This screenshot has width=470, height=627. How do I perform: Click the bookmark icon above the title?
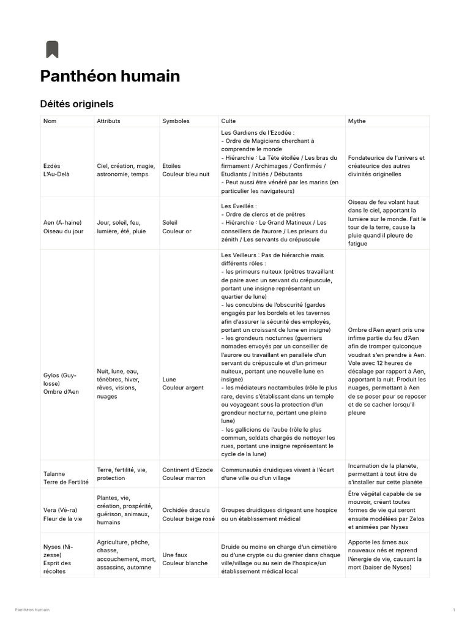click(x=52, y=49)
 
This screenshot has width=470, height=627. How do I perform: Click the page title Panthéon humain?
click(x=110, y=76)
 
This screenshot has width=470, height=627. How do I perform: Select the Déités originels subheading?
click(x=76, y=104)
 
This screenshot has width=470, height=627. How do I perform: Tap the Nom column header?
click(x=50, y=121)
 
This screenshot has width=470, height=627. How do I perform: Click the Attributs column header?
click(x=108, y=121)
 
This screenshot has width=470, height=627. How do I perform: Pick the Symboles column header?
click(x=176, y=121)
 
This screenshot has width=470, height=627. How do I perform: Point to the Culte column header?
click(x=228, y=121)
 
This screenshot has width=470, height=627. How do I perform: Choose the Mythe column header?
click(x=357, y=121)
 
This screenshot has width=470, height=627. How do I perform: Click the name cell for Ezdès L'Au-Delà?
click(x=56, y=170)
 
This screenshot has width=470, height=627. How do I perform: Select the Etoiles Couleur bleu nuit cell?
click(x=186, y=170)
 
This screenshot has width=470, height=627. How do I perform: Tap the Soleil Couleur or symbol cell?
click(x=177, y=227)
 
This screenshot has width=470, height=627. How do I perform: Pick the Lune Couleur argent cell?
click(x=183, y=383)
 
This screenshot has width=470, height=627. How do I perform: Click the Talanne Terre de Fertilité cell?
click(x=66, y=478)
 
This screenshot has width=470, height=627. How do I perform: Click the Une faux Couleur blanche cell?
click(x=185, y=559)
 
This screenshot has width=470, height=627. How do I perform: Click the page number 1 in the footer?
click(x=454, y=610)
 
